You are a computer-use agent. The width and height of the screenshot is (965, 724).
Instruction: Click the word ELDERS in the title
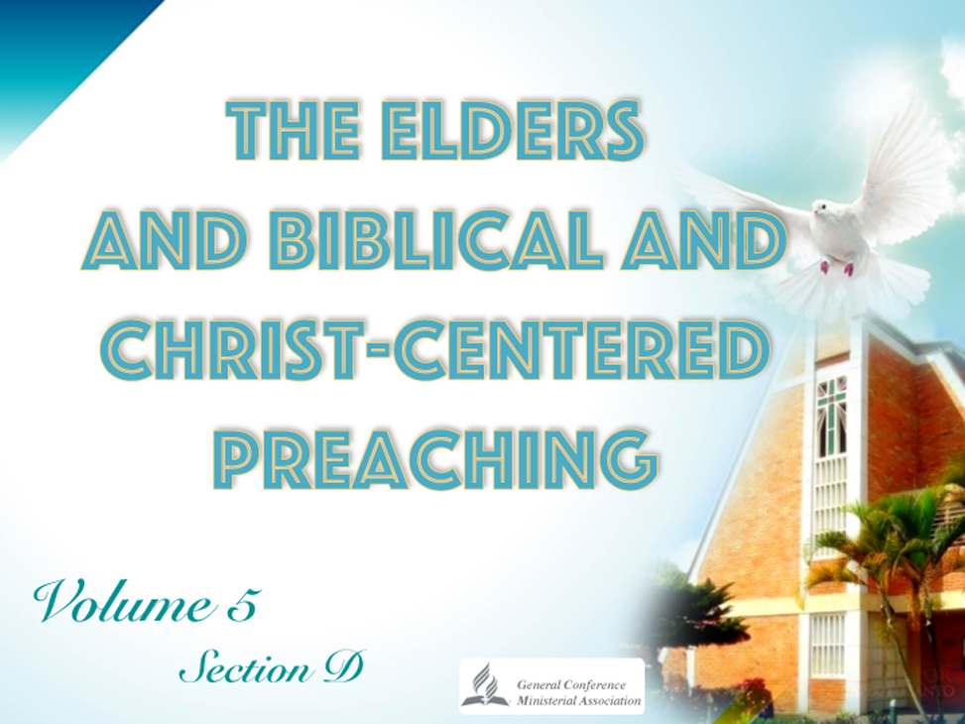click(x=512, y=130)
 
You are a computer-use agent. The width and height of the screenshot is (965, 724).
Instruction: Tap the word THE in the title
click(x=293, y=130)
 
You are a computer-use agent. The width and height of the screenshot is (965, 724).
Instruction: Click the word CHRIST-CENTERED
click(x=434, y=349)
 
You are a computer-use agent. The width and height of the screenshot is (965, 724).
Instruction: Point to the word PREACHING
click(x=435, y=458)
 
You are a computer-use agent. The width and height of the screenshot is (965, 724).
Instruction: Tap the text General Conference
click(x=571, y=684)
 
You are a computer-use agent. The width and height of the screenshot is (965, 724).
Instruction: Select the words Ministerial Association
click(x=578, y=700)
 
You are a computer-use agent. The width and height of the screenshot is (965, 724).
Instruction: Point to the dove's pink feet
click(x=836, y=269)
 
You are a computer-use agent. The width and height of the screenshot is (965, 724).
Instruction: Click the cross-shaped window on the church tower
click(x=831, y=414)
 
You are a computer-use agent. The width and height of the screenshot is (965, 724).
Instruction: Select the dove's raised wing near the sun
click(x=905, y=167)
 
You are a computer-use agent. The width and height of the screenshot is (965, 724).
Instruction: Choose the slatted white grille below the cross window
click(x=830, y=498)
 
